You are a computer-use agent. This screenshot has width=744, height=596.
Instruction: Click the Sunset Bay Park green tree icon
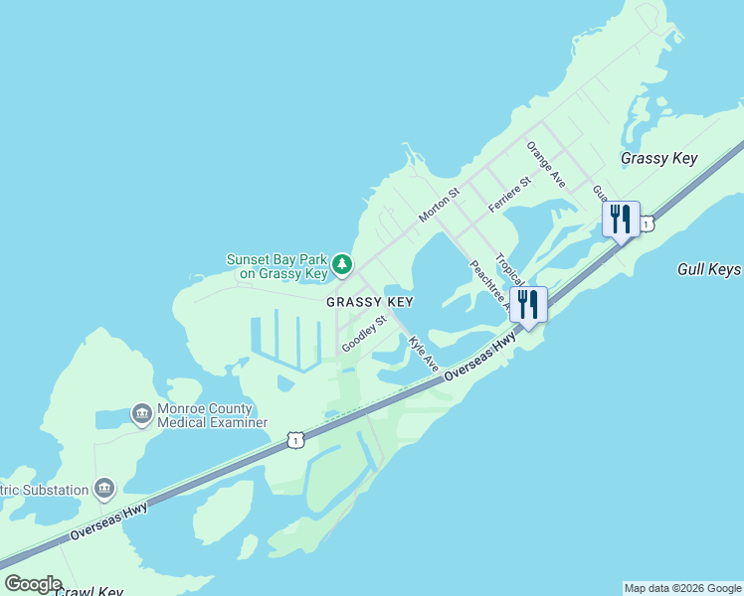342,264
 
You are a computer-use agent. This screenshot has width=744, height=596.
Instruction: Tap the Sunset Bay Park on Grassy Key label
278,265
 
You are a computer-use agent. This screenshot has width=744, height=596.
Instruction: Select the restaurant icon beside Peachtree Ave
527,303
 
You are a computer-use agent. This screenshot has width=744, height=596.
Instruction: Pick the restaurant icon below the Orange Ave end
620,219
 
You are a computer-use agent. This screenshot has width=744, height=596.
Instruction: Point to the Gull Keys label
709,269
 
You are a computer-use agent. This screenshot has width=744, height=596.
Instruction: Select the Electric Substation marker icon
104,489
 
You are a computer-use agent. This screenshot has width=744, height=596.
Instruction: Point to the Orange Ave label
546,165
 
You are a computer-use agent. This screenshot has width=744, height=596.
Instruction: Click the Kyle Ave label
424,354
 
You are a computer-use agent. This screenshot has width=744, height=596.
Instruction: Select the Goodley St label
363,334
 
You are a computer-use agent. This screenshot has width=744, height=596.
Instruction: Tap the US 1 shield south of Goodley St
294,439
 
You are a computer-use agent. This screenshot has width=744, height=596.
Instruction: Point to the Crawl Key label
89,592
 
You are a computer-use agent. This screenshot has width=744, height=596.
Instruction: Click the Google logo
33,584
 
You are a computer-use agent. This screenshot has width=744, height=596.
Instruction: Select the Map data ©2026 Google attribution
682,588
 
